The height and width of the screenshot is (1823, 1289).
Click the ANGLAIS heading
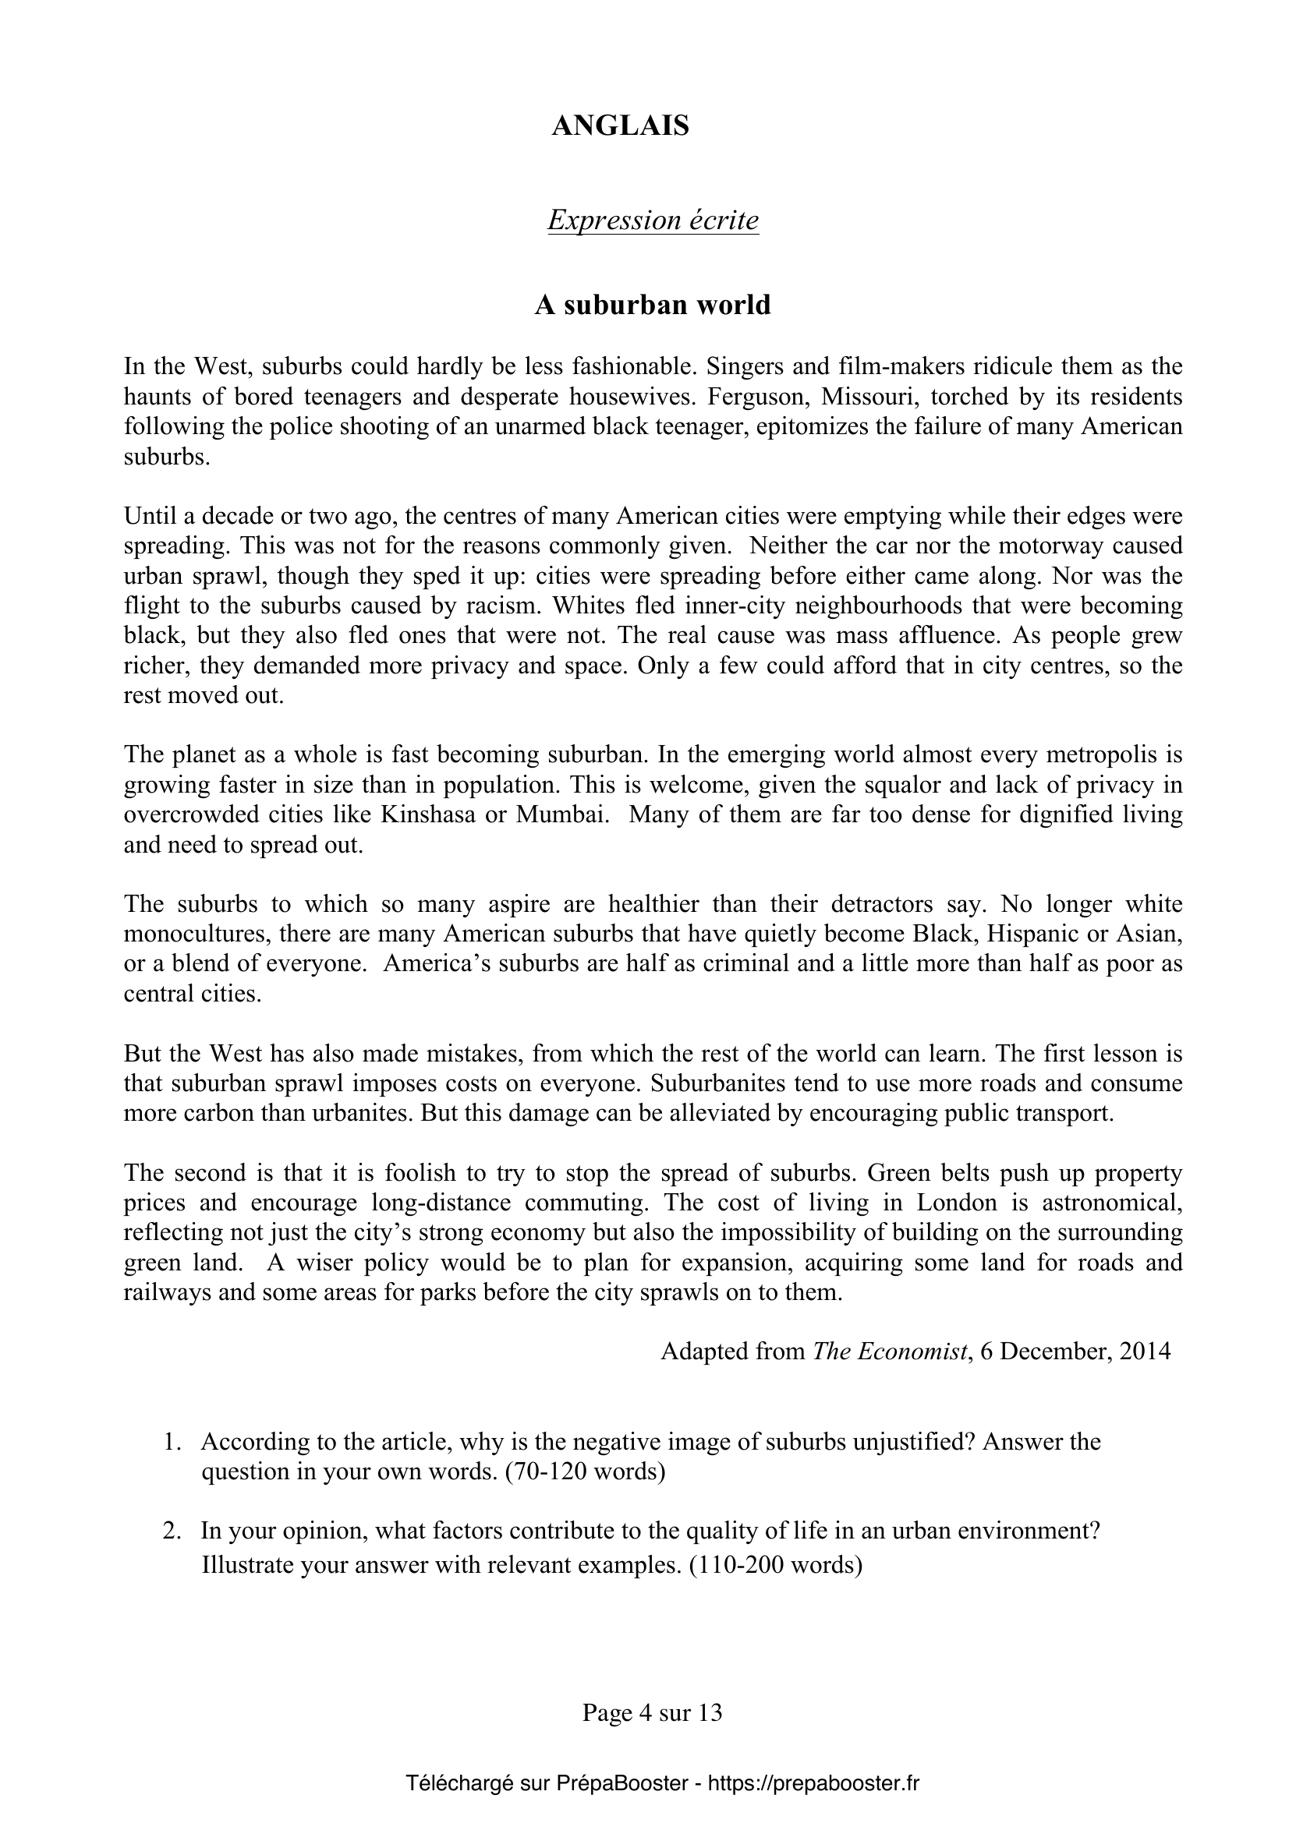tap(620, 126)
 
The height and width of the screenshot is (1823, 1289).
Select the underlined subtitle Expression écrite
tap(653, 220)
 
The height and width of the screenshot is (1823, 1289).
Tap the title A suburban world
tap(652, 305)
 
